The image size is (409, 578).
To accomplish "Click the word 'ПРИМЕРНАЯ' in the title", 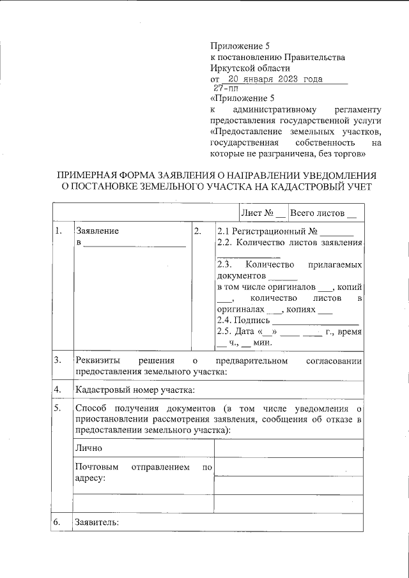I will click(89, 175).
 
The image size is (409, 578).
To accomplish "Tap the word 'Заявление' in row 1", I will click(97, 231).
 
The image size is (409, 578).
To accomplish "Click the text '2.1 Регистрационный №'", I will click(267, 231).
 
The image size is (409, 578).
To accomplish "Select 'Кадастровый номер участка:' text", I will click(134, 390).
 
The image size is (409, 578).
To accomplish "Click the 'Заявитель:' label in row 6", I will click(96, 522).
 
